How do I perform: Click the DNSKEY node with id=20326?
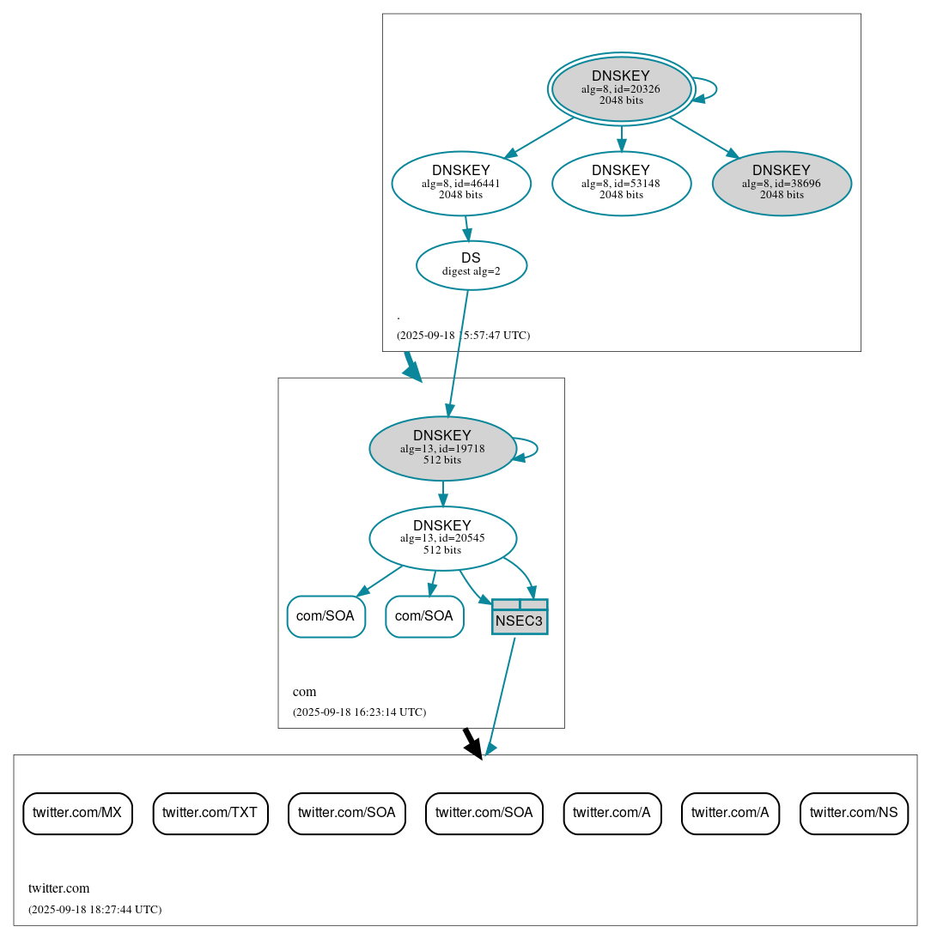pyautogui.click(x=621, y=88)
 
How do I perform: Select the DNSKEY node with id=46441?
pyautogui.click(x=461, y=183)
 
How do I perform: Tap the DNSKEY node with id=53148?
pyautogui.click(x=621, y=183)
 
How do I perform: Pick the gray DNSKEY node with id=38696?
pyautogui.click(x=782, y=183)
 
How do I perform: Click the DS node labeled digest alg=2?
pyautogui.click(x=471, y=265)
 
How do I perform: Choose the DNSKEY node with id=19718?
pyautogui.click(x=441, y=448)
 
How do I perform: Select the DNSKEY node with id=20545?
pyautogui.click(x=441, y=538)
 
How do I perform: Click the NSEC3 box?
pyautogui.click(x=520, y=617)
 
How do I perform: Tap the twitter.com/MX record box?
pyautogui.click(x=77, y=813)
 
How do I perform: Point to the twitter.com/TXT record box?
pyautogui.click(x=210, y=813)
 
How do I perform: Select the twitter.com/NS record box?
pyautogui.click(x=854, y=813)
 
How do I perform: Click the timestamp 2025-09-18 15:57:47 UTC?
pyautogui.click(x=463, y=336)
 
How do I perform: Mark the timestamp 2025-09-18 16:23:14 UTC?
pyautogui.click(x=359, y=712)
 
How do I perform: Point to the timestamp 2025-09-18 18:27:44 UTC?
pyautogui.click(x=94, y=910)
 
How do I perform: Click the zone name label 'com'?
pyautogui.click(x=304, y=692)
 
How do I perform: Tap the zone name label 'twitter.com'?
pyautogui.click(x=58, y=888)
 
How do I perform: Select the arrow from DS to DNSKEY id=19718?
pyautogui.click(x=458, y=352)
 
